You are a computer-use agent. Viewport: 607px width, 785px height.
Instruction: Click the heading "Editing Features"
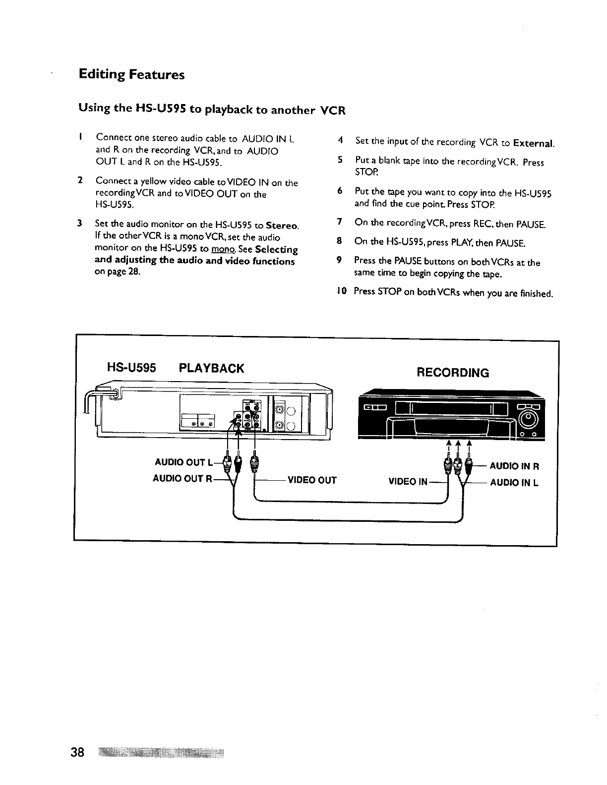131,75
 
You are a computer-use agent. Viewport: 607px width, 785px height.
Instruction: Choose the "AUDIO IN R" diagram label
514,466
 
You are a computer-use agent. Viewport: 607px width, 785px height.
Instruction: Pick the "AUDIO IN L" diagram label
514,482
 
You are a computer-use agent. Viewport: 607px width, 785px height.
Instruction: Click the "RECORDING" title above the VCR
453,373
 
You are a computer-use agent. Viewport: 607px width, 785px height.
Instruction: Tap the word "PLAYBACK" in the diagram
211,368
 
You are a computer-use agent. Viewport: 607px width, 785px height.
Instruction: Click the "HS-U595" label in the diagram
132,368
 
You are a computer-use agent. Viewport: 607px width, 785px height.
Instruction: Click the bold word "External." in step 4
534,144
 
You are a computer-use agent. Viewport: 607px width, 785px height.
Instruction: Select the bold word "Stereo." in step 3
282,226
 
